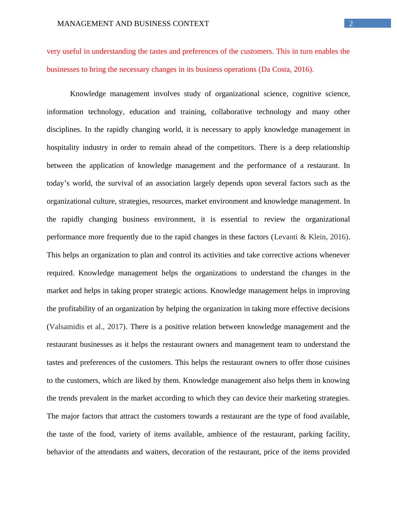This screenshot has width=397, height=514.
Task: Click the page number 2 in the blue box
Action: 351,23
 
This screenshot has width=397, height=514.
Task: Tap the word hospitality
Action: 62,148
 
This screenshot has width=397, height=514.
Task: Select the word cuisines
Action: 336,362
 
